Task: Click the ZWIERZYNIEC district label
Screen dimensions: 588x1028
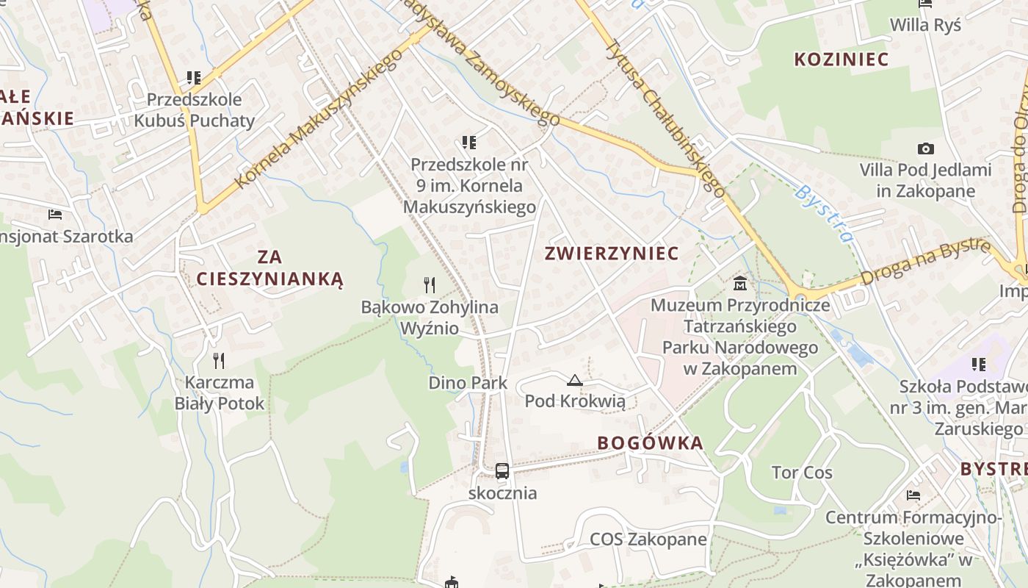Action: click(612, 254)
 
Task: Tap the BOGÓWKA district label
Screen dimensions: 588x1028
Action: click(650, 443)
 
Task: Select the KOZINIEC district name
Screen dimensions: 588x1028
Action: click(841, 60)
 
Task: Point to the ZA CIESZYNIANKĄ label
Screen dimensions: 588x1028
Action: click(269, 268)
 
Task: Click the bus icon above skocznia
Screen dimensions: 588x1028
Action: click(502, 471)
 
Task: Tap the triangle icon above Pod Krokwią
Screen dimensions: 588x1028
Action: click(575, 380)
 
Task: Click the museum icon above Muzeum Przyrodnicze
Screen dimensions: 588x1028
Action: click(740, 283)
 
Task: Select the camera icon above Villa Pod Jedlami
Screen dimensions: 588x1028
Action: click(926, 148)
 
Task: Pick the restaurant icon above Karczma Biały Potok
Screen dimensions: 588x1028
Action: click(218, 360)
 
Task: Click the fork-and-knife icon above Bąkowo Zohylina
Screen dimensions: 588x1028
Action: click(430, 284)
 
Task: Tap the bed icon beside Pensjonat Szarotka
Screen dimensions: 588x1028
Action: click(55, 215)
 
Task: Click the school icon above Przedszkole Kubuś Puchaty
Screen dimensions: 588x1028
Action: click(194, 77)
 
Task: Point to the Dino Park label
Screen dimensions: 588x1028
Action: click(468, 383)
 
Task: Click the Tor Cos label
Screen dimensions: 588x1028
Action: click(802, 473)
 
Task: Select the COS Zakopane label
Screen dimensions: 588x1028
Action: click(648, 539)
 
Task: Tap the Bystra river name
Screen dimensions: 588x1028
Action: click(825, 214)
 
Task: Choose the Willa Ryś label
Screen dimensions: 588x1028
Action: click(925, 25)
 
